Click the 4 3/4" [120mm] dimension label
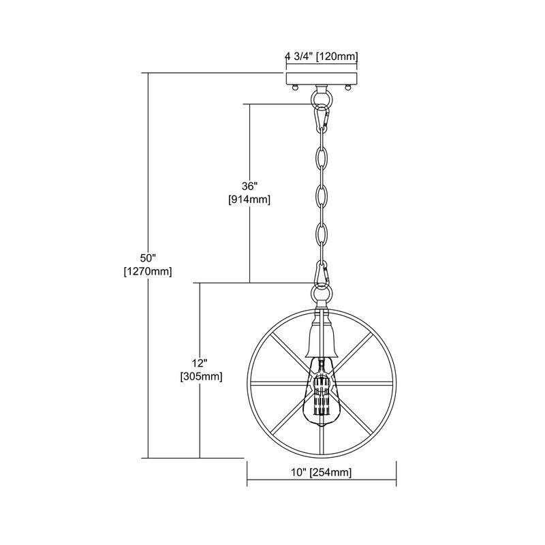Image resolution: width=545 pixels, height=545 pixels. pos(321,57)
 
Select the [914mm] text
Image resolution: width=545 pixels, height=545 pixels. pos(250,200)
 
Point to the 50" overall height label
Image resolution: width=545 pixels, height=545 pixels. pos(148,258)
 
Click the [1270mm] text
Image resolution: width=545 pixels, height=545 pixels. pos(148,271)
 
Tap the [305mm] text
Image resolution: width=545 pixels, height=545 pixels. pos(200,375)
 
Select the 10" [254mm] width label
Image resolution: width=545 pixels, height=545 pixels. pos(322,473)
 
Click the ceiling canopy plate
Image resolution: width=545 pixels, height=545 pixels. pos(320,77)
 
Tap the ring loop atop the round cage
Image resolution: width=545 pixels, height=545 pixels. pos(320,295)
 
